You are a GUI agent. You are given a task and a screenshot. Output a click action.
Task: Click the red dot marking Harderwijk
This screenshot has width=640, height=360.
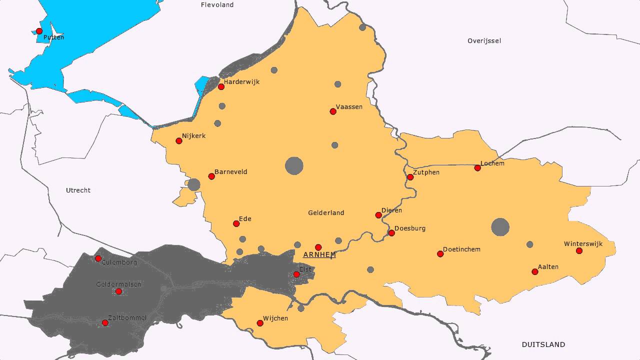click(x=221, y=87)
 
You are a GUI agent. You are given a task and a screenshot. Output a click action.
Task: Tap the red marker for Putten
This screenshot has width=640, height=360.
click(x=39, y=31)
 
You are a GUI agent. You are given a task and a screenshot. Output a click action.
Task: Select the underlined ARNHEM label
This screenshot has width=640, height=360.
click(x=319, y=255)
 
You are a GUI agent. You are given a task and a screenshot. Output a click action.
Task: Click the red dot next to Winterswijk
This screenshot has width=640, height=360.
click(x=579, y=250)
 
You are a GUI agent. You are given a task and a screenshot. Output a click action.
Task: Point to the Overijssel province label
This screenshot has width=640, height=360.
click(x=484, y=40)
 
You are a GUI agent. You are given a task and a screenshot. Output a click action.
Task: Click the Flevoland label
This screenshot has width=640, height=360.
click(x=217, y=5)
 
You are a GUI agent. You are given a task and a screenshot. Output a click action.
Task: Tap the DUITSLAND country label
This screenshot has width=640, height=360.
click(x=543, y=344)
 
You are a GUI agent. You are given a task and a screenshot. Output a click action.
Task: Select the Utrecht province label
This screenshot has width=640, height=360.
click(x=78, y=190)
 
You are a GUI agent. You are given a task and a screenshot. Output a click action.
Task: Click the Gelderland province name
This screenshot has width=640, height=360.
click(x=326, y=213)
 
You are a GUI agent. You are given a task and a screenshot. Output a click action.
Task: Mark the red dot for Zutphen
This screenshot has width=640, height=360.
click(x=410, y=177)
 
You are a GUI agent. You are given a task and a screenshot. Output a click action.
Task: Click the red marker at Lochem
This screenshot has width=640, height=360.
click(x=477, y=168)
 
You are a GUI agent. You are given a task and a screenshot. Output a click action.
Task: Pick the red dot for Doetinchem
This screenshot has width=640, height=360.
click(x=440, y=254)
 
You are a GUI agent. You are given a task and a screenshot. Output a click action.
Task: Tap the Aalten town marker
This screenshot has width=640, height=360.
click(x=535, y=271)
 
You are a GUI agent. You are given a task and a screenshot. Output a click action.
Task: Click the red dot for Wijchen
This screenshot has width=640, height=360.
click(x=260, y=323)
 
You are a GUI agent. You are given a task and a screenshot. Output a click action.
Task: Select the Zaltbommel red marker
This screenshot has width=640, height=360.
click(x=105, y=322)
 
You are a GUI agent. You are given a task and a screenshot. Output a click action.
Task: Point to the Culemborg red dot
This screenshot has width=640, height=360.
click(x=98, y=258)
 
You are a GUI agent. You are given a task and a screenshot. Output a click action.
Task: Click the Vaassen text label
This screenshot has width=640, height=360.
click(x=349, y=107)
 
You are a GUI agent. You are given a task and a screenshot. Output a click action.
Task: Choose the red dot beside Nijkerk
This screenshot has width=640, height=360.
click(x=179, y=141)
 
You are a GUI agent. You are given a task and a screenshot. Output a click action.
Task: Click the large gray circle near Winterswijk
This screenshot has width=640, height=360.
click(x=500, y=227)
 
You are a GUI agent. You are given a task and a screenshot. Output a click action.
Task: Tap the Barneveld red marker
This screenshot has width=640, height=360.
click(x=211, y=176)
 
